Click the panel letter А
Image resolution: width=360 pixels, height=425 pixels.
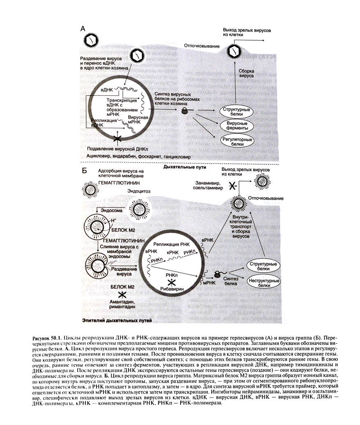pos(83,28)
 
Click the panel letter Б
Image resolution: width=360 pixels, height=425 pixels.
pos(84,171)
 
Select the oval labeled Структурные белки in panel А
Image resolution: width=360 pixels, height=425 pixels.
pos(236,112)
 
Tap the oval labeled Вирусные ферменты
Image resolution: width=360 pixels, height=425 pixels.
pos(237,126)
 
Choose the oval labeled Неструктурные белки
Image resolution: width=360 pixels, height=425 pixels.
pos(264,283)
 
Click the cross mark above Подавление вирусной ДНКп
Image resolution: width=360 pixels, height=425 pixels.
pos(117,138)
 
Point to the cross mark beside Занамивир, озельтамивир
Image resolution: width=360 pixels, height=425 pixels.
pos(232,186)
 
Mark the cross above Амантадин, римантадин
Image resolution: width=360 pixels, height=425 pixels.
pos(122,294)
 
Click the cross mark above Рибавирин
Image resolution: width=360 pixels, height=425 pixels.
pos(172,282)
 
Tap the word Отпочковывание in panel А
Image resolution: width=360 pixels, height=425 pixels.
pos(202,46)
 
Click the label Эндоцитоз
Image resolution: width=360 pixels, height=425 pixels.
pos(139,191)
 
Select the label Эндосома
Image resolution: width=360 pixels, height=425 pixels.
pos(111,210)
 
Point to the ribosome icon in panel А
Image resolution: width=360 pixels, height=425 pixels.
pos(184,110)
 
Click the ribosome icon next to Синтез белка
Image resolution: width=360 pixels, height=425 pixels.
pos(218,275)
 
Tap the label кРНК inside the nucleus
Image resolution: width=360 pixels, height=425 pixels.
pos(172,253)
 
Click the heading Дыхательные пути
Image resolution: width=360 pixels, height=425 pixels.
pos(184,167)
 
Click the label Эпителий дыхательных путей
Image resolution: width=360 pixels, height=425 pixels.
pos(117,320)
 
